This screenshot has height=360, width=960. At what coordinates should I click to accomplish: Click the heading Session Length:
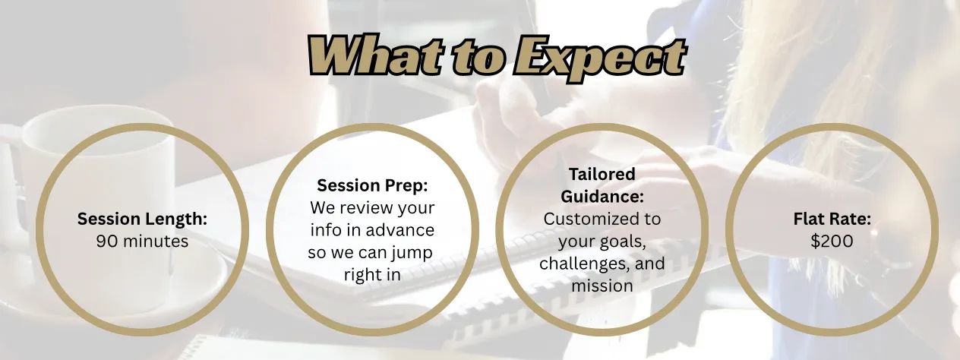[142, 219]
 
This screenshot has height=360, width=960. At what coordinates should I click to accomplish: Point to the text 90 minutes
[142, 242]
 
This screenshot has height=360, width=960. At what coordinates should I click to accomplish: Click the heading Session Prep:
[372, 186]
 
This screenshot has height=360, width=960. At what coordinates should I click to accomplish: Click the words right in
[372, 275]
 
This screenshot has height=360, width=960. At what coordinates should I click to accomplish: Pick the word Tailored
[602, 175]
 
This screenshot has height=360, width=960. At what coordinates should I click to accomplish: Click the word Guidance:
[602, 197]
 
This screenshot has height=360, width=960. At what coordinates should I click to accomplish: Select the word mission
[602, 286]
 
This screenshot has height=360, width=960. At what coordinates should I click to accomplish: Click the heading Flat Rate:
[832, 219]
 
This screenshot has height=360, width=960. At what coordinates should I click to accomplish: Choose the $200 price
[832, 242]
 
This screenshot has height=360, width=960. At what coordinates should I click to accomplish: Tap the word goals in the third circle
[624, 242]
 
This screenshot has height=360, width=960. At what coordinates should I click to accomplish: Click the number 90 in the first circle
[105, 242]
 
